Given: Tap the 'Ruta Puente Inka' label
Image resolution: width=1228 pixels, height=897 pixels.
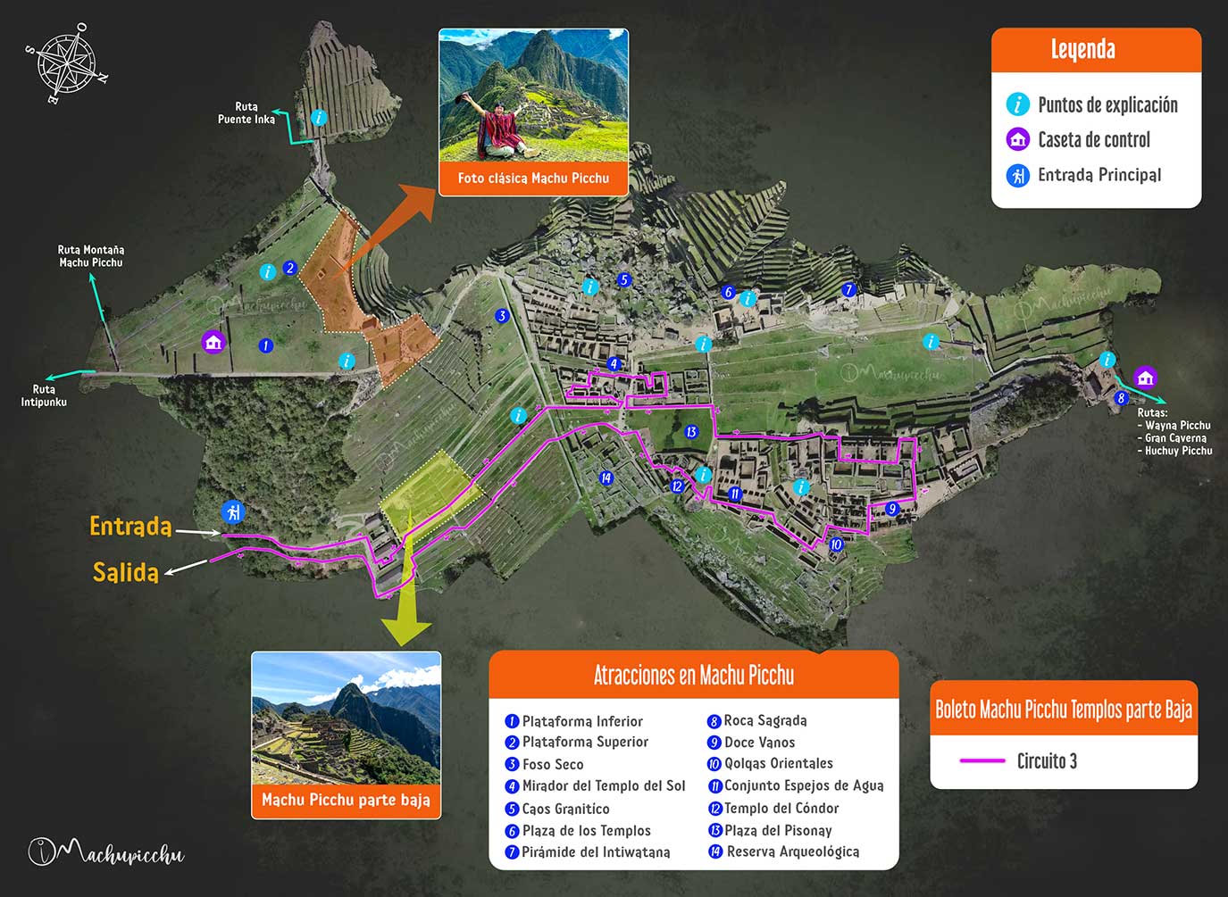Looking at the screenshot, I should pyautogui.click(x=246, y=113).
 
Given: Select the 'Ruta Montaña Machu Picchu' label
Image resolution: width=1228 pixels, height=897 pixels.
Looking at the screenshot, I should pyautogui.click(x=90, y=256).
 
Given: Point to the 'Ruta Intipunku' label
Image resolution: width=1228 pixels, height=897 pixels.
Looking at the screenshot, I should pyautogui.click(x=44, y=395).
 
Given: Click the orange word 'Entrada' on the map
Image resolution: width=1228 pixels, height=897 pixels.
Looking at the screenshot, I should pyautogui.click(x=130, y=527).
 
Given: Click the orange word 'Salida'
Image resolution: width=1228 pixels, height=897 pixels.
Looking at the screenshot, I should pyautogui.click(x=126, y=572).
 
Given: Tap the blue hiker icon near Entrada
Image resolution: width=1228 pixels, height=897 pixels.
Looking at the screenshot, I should pyautogui.click(x=233, y=512).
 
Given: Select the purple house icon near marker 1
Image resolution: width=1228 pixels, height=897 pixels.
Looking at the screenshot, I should pyautogui.click(x=213, y=342).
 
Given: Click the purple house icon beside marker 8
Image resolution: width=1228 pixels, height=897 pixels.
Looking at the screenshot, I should pyautogui.click(x=1145, y=377).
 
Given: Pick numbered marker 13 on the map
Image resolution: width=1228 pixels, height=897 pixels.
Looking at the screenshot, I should pyautogui.click(x=690, y=432).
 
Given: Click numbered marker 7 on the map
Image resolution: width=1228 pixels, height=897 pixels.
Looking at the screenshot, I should pyautogui.click(x=849, y=290).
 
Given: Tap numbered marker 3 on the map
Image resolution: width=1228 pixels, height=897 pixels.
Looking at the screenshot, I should pyautogui.click(x=502, y=316).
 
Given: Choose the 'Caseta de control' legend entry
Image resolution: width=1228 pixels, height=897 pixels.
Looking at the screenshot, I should pyautogui.click(x=1093, y=140).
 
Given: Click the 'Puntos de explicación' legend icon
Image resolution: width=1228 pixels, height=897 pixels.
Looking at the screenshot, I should pyautogui.click(x=1017, y=104).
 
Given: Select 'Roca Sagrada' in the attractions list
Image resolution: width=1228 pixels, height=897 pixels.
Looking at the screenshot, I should pyautogui.click(x=764, y=721).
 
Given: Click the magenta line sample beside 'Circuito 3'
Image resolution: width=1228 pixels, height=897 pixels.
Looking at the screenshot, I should pyautogui.click(x=982, y=761).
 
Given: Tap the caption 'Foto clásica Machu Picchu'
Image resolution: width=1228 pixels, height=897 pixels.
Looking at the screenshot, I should pyautogui.click(x=533, y=179).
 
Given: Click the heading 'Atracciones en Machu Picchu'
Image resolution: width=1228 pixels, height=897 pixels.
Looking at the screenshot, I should pyautogui.click(x=693, y=676).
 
